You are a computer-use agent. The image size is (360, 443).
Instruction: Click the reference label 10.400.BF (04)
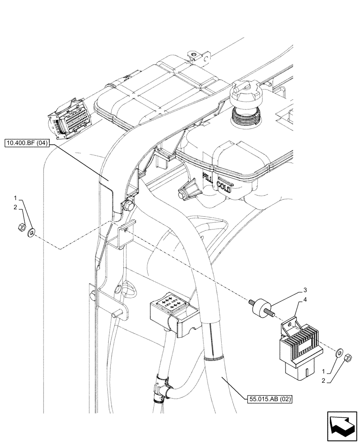28,143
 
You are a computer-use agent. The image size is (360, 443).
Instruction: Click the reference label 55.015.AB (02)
270,399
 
